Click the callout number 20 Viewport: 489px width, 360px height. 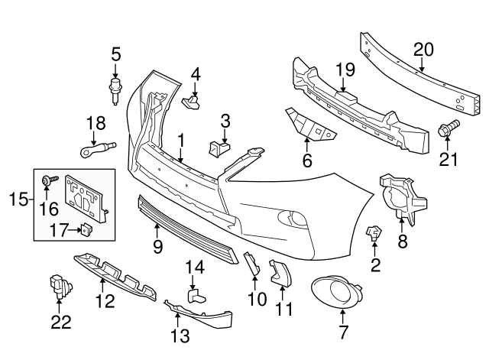423,50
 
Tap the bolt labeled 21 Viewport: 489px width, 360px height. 448,131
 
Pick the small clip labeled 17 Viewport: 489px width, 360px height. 85,227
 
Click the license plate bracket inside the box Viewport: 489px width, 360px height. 85,195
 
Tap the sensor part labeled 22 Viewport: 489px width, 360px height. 59,286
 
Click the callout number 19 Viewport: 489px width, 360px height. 345,70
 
